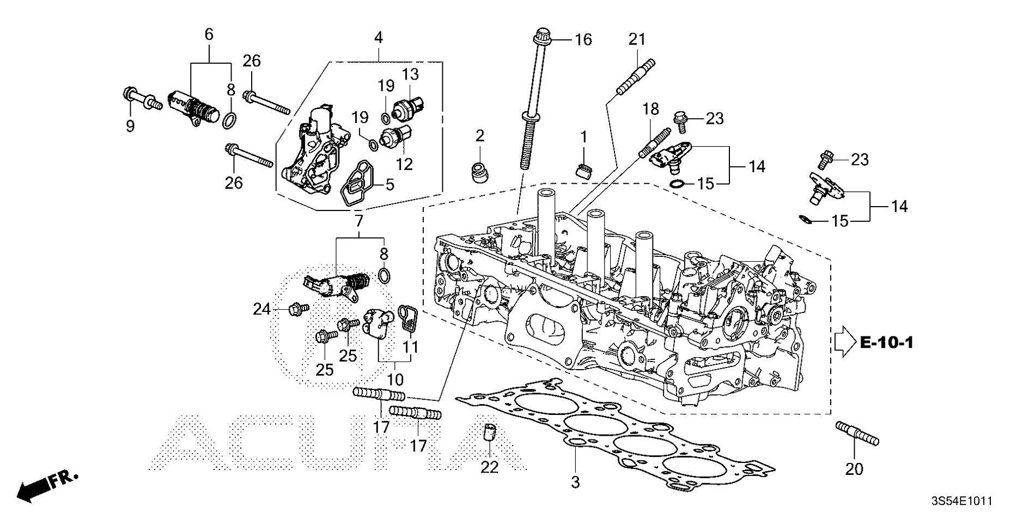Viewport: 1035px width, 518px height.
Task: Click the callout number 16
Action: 583,40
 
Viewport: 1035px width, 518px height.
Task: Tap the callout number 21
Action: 637,39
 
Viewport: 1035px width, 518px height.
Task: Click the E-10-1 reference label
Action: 886,342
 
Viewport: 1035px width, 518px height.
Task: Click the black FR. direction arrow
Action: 32,490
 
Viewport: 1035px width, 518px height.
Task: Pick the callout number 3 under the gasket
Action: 575,482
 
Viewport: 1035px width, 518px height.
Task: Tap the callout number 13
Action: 410,74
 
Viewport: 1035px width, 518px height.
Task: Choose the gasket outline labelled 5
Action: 355,184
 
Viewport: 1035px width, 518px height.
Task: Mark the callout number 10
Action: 395,379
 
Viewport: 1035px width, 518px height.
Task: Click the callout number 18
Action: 650,109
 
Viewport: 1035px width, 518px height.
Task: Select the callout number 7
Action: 358,221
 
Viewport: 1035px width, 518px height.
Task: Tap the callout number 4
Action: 378,38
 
